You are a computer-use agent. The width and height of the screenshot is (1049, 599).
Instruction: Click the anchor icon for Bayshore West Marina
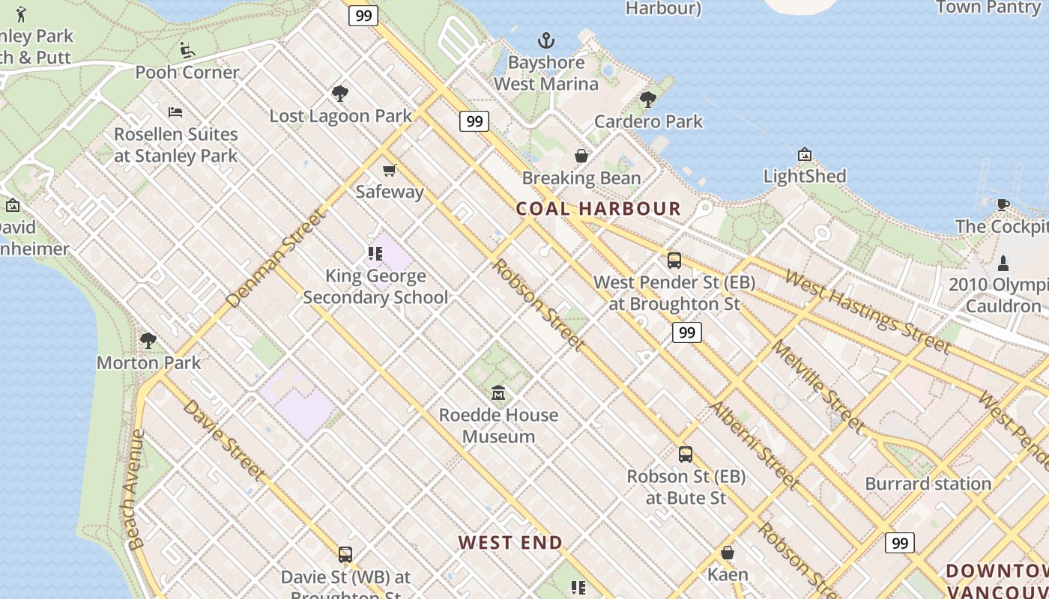point(546,40)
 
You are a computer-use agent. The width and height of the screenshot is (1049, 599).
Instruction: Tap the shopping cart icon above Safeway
point(389,171)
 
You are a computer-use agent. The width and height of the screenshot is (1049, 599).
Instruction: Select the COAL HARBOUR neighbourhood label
point(599,209)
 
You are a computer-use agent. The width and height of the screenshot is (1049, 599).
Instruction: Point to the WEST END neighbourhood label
point(510,543)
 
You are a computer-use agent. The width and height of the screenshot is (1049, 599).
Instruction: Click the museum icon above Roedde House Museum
point(498,393)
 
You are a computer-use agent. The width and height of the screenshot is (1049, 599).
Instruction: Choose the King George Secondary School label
point(375,287)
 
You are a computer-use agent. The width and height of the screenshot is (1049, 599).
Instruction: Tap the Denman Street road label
point(276,259)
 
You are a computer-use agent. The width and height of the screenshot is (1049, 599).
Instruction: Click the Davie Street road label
point(223,440)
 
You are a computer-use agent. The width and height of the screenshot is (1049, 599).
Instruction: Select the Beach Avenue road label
point(135,490)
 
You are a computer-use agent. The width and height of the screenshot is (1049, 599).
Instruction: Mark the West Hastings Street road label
point(867,311)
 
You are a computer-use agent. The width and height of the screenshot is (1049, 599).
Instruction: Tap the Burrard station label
point(928,484)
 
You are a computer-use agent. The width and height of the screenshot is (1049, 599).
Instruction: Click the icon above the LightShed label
point(805,155)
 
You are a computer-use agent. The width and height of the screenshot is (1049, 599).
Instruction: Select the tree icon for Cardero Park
point(648,100)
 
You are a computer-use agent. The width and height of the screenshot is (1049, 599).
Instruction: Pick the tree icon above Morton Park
point(148,341)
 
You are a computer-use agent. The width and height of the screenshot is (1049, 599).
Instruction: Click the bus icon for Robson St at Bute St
point(685,454)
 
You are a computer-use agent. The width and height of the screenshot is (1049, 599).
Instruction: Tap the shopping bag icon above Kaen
point(727,553)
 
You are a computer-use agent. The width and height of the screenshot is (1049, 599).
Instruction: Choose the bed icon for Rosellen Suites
point(175,113)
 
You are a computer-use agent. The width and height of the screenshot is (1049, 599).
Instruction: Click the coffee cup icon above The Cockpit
point(1003,204)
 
